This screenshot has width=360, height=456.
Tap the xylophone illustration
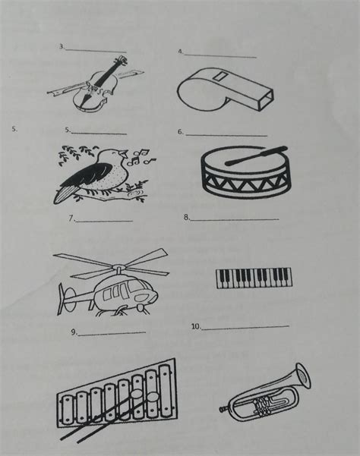click(116, 398)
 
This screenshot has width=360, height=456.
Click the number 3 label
click(61, 46)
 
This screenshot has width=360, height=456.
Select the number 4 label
click(179, 52)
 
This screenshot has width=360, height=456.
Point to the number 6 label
click(180, 131)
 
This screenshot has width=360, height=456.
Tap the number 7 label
click(71, 218)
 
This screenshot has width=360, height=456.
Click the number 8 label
click(186, 217)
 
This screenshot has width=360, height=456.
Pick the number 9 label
click(74, 332)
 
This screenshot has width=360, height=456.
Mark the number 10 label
click(196, 326)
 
